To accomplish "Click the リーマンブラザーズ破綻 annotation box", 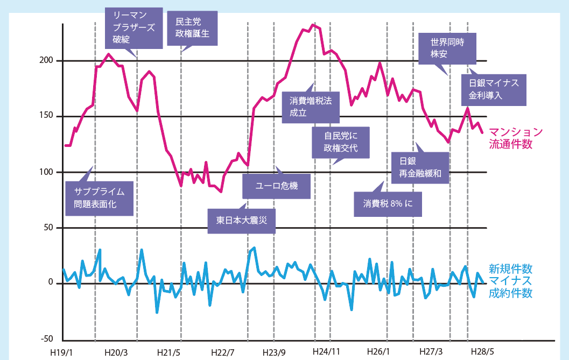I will tap(134, 28).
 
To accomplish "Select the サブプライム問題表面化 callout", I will tap(100, 198).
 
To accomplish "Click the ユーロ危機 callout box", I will tap(277, 187).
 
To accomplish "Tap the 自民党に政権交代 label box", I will tap(341, 142).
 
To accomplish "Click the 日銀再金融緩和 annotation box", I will tap(421, 167).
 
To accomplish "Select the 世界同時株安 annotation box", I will tap(446, 48).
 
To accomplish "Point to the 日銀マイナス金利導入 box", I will tap(493, 89).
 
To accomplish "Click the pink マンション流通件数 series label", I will tap(515, 138).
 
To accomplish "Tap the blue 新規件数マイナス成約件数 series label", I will tap(510, 280).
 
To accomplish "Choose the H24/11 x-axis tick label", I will tap(326, 352).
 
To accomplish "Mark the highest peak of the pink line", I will tap(313, 24).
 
